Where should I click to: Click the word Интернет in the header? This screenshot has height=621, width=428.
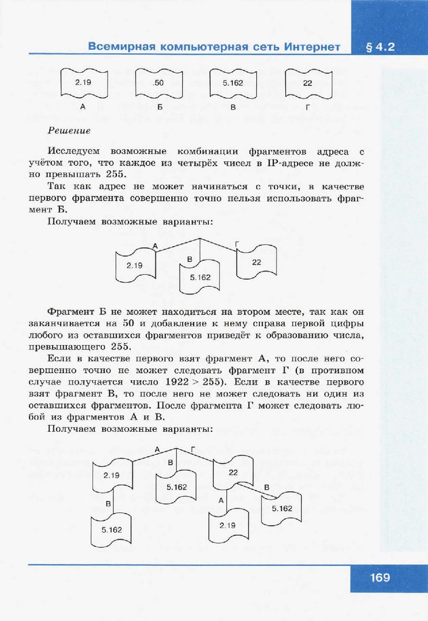pos(311,47)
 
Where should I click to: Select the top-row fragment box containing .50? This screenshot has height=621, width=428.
pos(159,83)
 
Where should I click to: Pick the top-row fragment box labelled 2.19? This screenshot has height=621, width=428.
pos(83,83)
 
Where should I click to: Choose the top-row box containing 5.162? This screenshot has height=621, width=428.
pos(233,83)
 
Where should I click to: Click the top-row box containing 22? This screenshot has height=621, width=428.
pos(307,83)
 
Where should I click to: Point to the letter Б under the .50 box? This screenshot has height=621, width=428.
pos(159,107)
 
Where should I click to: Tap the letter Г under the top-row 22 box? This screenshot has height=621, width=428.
pos(308,107)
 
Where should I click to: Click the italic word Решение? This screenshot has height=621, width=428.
pos(69,130)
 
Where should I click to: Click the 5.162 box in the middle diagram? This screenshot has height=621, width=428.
pos(200,277)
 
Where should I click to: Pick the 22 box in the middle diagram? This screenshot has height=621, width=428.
pos(256,262)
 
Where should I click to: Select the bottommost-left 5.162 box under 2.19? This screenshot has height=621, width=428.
pos(112,529)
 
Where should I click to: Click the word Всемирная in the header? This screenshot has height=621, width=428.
pos(120,47)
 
